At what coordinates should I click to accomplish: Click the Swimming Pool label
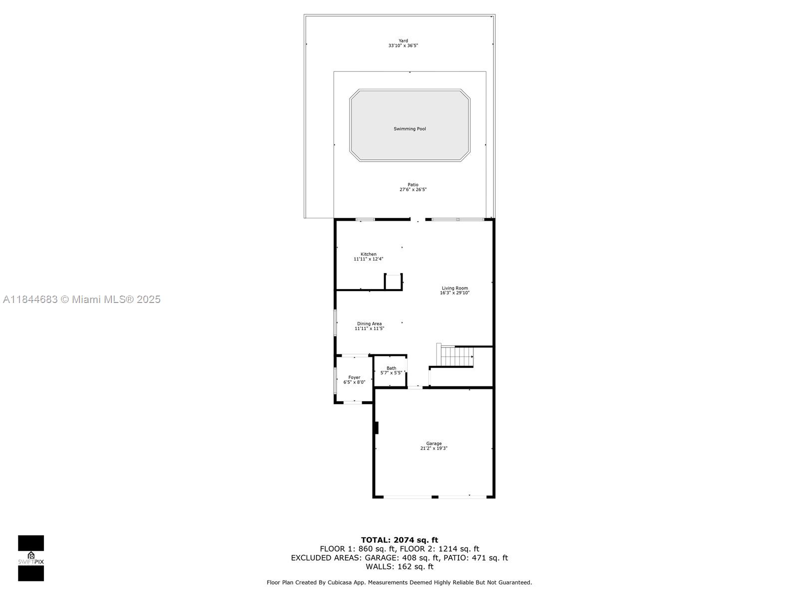409,129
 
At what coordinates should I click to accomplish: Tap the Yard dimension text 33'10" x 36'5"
403,46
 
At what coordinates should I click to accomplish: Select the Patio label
412,185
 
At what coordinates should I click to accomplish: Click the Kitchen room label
369,254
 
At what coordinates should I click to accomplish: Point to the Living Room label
454,288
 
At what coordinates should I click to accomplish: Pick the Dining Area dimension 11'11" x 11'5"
370,328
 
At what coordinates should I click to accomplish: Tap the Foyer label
354,377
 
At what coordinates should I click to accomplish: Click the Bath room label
391,368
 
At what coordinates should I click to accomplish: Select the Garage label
433,443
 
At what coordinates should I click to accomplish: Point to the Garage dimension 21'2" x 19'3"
433,448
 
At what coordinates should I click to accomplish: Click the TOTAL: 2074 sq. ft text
399,540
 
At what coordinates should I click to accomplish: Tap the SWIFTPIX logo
31,558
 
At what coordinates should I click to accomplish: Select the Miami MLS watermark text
82,299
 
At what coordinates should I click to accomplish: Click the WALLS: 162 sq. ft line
399,567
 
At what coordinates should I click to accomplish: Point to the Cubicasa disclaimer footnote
399,583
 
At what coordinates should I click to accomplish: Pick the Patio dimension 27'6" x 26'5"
412,190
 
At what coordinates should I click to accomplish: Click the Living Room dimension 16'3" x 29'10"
454,293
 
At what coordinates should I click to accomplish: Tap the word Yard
403,41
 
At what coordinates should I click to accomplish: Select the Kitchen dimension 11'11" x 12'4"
369,259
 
